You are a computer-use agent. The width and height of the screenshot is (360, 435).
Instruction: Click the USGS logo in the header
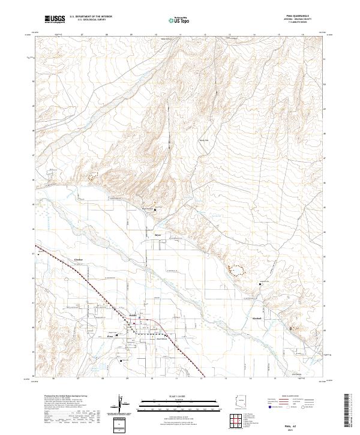pos(55,19)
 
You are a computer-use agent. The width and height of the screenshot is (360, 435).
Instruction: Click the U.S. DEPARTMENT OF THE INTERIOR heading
pos(91,16)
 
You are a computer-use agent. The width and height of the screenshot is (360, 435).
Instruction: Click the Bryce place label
pos(158,235)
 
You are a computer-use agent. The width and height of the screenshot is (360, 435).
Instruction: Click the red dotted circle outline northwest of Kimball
pos(238,271)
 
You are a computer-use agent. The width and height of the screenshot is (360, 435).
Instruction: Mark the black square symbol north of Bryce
pos(156,209)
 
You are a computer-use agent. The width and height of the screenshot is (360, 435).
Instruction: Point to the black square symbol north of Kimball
pos(260,284)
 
